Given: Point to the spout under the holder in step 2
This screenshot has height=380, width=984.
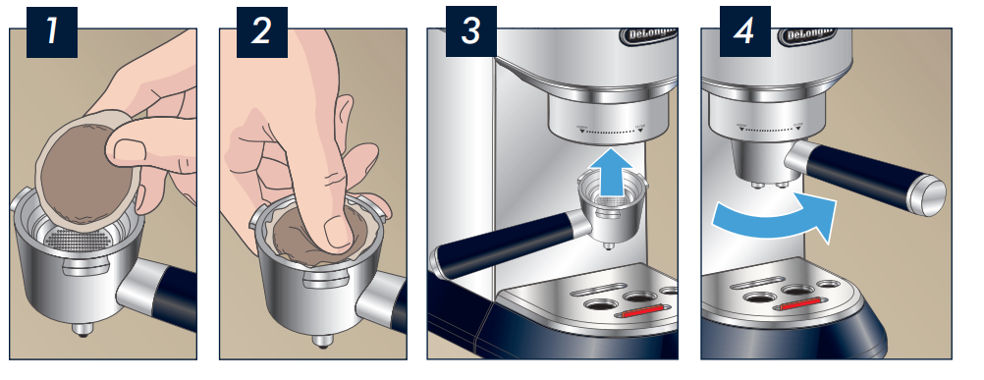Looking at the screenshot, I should [319, 340].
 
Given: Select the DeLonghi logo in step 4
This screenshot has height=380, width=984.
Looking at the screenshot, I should [811, 35].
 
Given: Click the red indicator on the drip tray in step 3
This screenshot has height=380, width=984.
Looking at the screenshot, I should [643, 315].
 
